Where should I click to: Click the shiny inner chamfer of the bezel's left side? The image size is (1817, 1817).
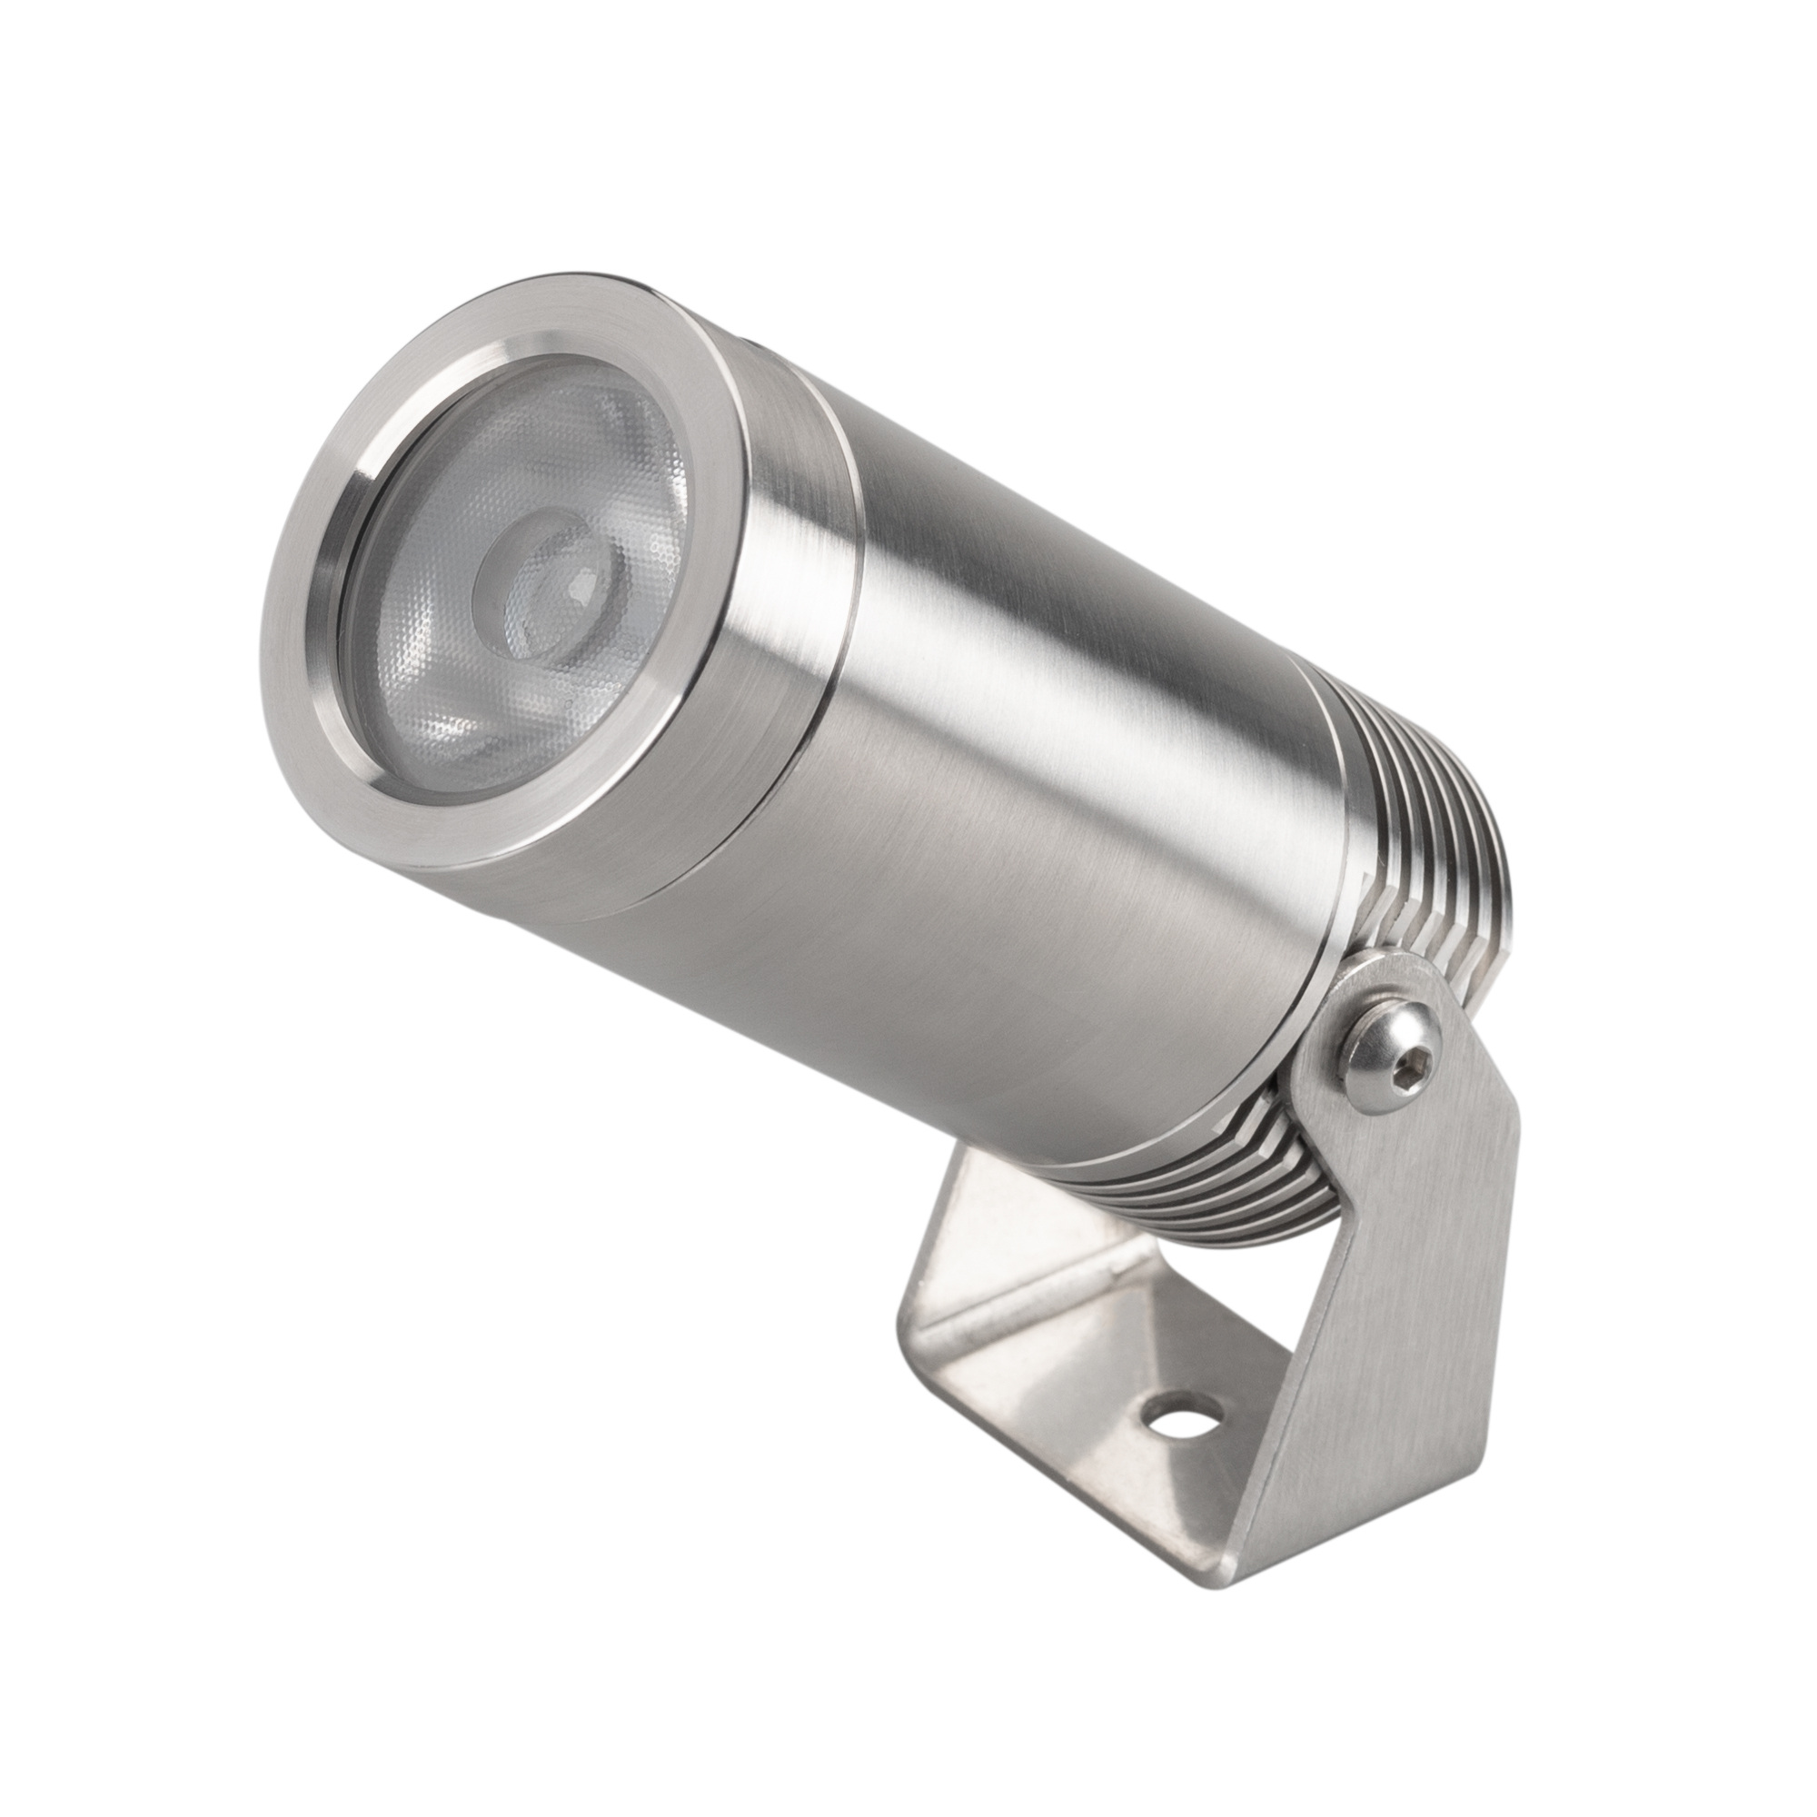click(333, 602)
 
